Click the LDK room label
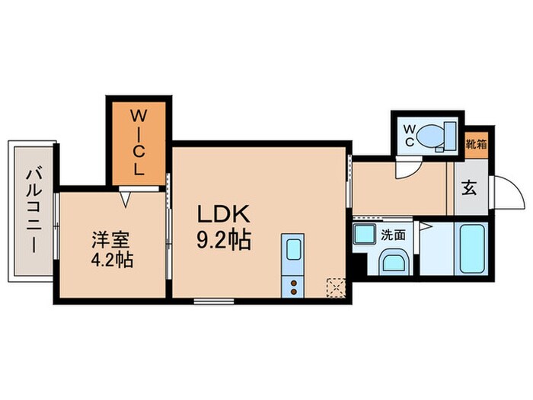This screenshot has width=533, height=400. tap(224, 214)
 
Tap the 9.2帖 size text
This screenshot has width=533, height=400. tap(224, 240)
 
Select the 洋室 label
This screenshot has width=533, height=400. tap(110, 241)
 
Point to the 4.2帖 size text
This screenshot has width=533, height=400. tap(112, 260)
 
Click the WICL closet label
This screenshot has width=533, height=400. tap(139, 143)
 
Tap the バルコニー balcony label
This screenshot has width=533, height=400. tap(34, 211)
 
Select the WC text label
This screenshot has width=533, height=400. tap(410, 136)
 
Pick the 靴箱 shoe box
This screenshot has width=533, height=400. tap(476, 145)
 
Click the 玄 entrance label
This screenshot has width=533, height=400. tap(469, 188)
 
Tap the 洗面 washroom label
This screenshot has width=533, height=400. tap(393, 235)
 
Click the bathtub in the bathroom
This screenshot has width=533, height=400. tap(472, 248)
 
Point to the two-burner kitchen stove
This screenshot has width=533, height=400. tap(293, 286)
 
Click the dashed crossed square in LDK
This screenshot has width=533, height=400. tap(336, 288)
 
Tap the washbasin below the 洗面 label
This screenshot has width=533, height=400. tap(394, 263)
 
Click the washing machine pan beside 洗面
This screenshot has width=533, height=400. tap(365, 234)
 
